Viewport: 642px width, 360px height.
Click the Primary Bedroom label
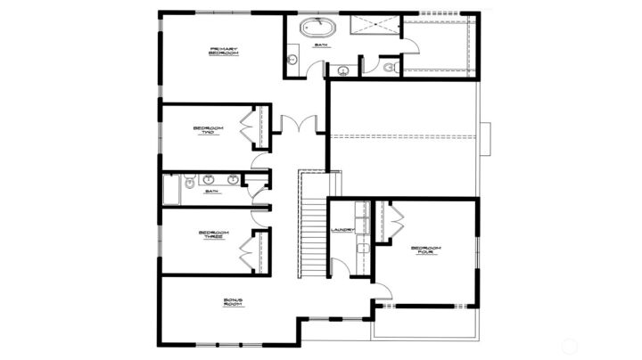pyautogui.click(x=222, y=51)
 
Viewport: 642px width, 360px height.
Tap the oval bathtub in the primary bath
pyautogui.click(x=314, y=27)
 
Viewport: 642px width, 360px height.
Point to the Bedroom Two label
pyautogui.click(x=207, y=130)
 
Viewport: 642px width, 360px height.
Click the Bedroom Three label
pyautogui.click(x=212, y=235)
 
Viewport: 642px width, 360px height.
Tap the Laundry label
pyautogui.click(x=343, y=230)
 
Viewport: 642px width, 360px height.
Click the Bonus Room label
pyautogui.click(x=235, y=303)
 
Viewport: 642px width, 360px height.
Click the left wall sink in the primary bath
pyautogui.click(x=292, y=60)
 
